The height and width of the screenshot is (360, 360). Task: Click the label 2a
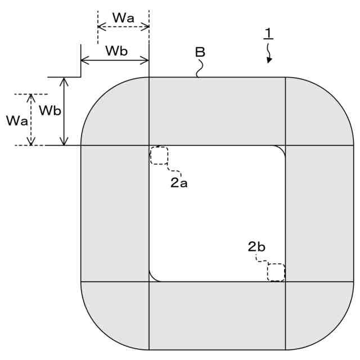coord(179,182)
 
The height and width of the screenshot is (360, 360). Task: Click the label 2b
coord(256,246)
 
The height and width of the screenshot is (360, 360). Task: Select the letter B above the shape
coord(200,52)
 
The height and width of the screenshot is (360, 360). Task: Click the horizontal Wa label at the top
coord(123,17)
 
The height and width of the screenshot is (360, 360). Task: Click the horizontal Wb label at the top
coord(116,51)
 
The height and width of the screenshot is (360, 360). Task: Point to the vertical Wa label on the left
coord(15,120)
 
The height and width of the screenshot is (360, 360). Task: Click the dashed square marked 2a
coord(159,155)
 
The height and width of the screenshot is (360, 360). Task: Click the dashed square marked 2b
coord(276,272)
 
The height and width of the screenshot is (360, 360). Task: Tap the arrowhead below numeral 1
coord(269,60)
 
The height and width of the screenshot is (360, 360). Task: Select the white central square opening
coord(217,214)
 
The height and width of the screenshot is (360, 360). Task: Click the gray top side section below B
coord(217,111)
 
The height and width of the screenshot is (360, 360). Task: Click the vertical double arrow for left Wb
coord(65,111)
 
